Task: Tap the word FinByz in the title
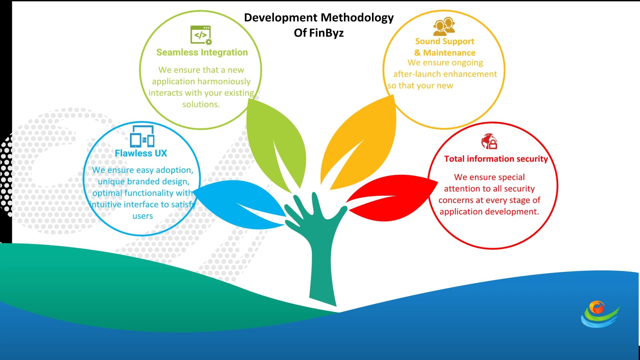pos(326,33)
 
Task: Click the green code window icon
pos(201,35)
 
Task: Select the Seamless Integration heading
pos(202,52)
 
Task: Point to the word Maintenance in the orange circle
pos(449,53)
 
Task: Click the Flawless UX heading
pos(141,153)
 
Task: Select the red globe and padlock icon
pos(489,141)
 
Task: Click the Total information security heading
pos(496,159)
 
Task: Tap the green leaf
pos(277,143)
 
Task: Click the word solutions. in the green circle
pos(201,104)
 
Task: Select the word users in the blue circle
pos(143,216)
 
